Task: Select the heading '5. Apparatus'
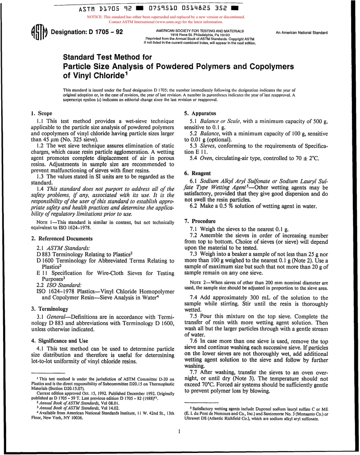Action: pos(200,113)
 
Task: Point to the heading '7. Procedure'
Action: pos(200,221)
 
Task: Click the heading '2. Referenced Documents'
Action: pos(61,238)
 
